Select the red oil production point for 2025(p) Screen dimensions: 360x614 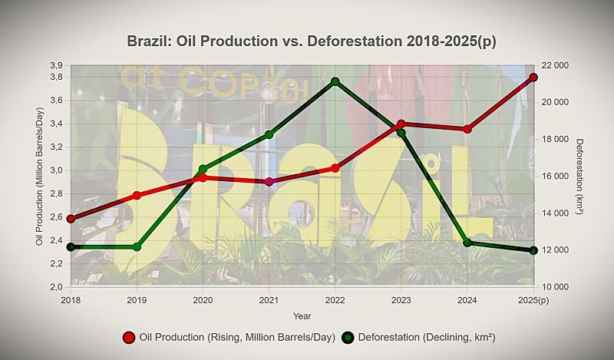533,78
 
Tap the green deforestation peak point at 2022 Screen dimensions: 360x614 335,81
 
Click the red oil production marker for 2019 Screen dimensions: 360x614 137,196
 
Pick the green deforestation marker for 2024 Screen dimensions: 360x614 467,243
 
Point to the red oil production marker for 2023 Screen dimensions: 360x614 401,124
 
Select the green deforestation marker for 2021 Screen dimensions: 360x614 269,134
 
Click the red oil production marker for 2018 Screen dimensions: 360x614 71,219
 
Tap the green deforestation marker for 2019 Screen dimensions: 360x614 137,246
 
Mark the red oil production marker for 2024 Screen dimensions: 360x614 467,129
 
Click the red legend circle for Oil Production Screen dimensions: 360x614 129,338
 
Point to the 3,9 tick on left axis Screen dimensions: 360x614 55,65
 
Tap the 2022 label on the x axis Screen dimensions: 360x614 335,299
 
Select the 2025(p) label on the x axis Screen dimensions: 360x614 533,299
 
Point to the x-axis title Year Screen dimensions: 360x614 302,315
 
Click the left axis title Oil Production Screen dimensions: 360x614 39,176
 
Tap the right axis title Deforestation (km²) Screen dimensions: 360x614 580,176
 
